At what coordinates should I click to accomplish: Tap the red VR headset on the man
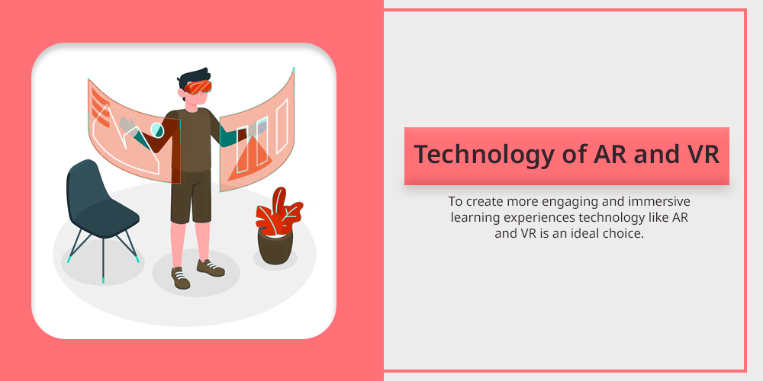click(198, 88)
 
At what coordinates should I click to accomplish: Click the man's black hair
click(195, 76)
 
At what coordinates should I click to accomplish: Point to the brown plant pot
click(275, 246)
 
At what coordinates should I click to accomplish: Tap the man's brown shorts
click(192, 197)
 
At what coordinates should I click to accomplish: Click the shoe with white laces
click(181, 277)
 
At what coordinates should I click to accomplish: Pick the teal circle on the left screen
click(156, 130)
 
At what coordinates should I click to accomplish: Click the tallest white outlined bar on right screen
click(282, 126)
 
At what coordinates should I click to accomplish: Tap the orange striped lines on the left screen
click(100, 108)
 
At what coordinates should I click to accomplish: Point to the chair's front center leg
click(103, 259)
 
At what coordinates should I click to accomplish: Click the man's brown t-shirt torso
click(192, 141)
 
